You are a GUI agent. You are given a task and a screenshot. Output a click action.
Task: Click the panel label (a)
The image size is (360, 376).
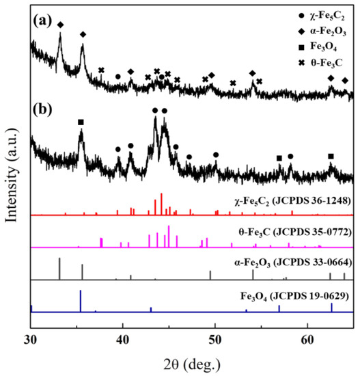[x=42, y=21]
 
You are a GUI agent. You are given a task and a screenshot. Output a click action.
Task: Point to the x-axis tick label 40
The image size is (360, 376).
[x=123, y=340]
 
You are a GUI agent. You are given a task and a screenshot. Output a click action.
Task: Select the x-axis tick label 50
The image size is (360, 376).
[x=215, y=340]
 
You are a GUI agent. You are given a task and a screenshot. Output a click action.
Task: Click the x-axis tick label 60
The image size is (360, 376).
[x=307, y=340]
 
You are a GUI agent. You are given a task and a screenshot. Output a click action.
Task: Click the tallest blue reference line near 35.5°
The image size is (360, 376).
[x=81, y=301]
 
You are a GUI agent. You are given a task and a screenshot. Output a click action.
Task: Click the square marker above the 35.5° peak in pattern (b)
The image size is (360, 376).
[x=81, y=122]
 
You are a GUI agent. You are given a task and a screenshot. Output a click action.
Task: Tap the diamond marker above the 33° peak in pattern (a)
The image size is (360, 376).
[x=60, y=25]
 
